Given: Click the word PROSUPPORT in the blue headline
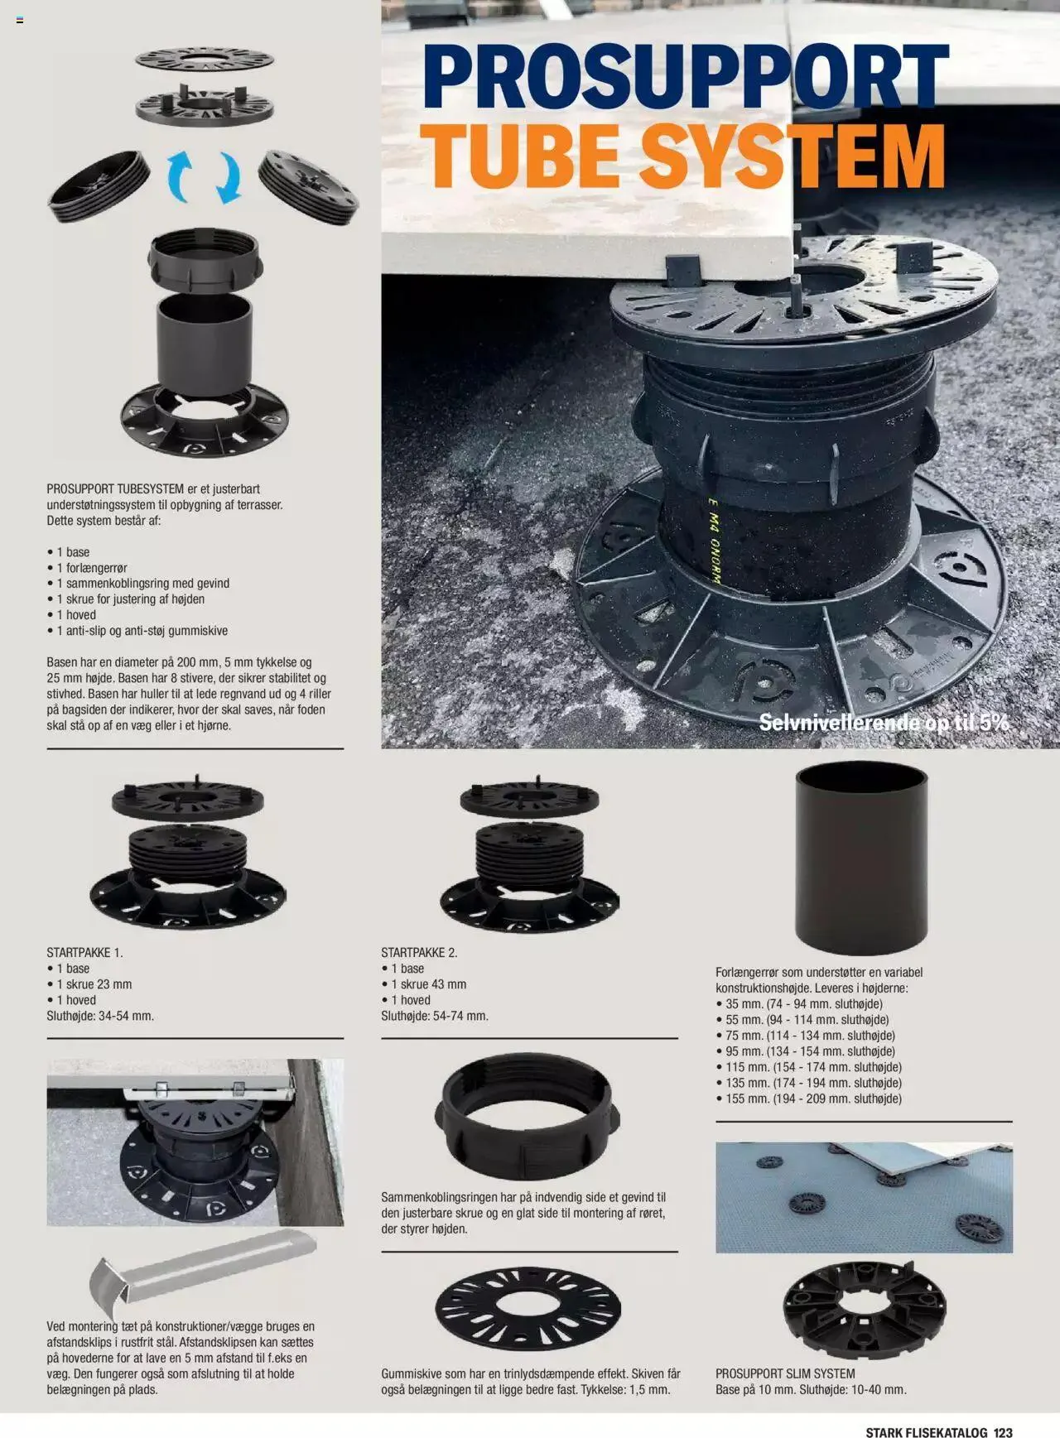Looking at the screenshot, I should click(684, 76).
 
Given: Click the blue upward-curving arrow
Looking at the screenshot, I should click(181, 177).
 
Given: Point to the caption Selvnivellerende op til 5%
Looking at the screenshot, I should click(884, 722).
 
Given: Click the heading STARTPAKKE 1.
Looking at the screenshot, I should click(84, 952).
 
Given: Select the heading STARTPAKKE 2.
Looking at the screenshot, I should click(419, 952).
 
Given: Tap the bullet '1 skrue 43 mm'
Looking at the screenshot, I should click(428, 984).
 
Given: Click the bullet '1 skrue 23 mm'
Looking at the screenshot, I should click(94, 984).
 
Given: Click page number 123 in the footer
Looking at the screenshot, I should click(1003, 1410).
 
